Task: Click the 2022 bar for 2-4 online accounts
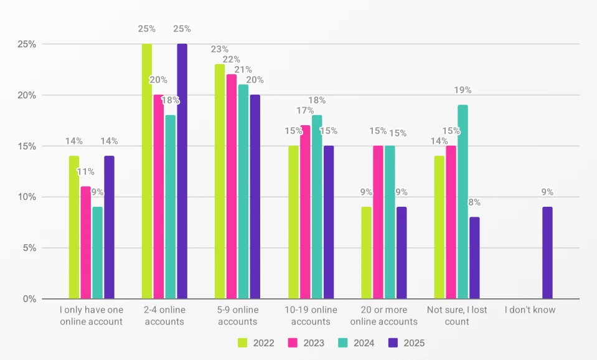pos(147,171)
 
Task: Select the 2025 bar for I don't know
pos(547,253)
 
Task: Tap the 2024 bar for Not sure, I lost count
pos(463,202)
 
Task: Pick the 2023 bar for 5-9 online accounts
pos(232,187)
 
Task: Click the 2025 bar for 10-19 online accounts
pos(328,222)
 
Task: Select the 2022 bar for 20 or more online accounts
pos(366,253)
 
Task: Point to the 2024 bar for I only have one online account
pos(97,253)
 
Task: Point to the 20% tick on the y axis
pos(26,95)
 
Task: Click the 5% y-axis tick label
pos(28,248)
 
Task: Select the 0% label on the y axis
pos(28,299)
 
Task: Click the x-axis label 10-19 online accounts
pos(311,316)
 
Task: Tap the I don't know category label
pos(530,310)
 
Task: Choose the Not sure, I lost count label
pos(457,316)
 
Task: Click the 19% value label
pos(463,90)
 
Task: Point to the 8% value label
pos(474,202)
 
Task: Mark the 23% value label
pos(220,49)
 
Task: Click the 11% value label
pos(86,171)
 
